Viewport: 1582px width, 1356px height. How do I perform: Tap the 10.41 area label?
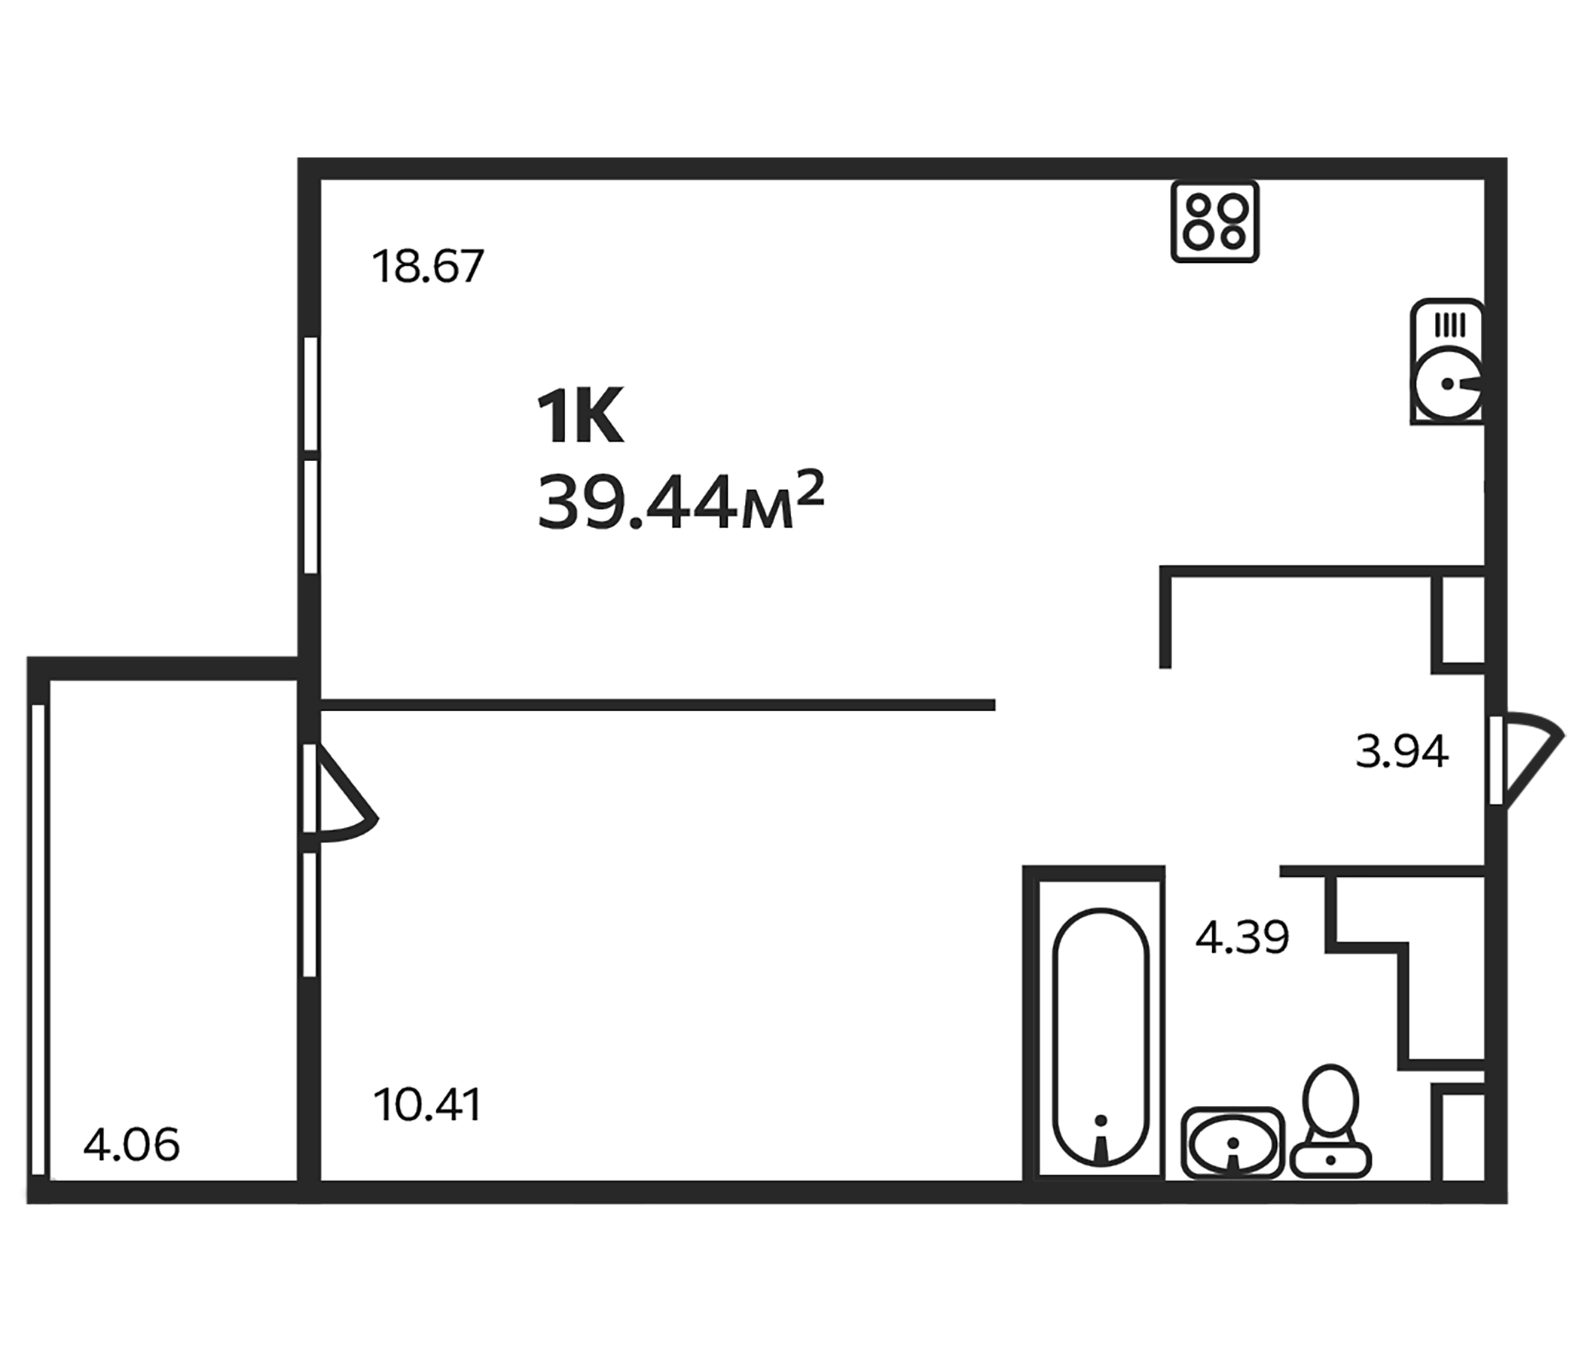[428, 1105]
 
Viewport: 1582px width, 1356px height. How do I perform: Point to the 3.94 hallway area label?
[1402, 751]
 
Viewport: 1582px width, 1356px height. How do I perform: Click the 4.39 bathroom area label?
[1242, 937]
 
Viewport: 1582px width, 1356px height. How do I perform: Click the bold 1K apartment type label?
[580, 416]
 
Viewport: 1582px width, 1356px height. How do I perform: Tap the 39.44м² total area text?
[680, 502]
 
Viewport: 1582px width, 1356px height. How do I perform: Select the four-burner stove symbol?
[1214, 221]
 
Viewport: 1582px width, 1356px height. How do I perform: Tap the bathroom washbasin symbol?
[1232, 1143]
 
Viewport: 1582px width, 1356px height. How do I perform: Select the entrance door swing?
[1527, 759]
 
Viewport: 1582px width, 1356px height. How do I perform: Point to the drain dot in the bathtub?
[1100, 1120]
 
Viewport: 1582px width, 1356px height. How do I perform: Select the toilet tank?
[1330, 1159]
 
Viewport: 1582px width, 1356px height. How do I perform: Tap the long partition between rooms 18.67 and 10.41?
[657, 704]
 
